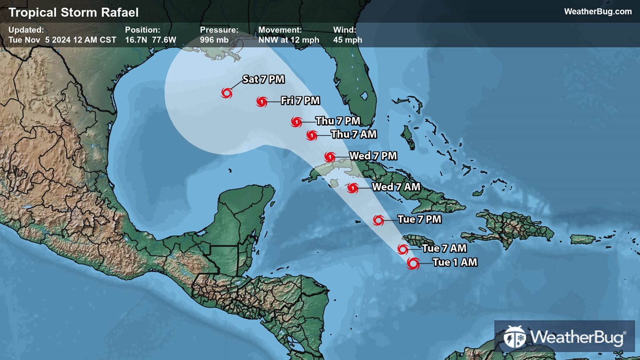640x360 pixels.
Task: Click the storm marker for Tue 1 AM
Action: pyautogui.click(x=413, y=263)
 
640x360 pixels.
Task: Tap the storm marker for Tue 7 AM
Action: pyautogui.click(x=402, y=249)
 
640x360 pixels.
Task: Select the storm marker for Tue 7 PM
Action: pyautogui.click(x=378, y=220)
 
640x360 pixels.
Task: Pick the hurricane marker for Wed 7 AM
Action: pyautogui.click(x=352, y=188)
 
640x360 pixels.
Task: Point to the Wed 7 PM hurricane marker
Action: pyautogui.click(x=329, y=157)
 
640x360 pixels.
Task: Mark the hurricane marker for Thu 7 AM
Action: pyautogui.click(x=312, y=136)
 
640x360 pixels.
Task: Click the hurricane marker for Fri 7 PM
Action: pyautogui.click(x=262, y=102)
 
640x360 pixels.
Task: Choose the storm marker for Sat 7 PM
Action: pyautogui.click(x=227, y=93)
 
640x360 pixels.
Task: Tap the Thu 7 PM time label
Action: pyautogui.click(x=338, y=121)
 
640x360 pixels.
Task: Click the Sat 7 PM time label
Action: pyautogui.click(x=263, y=79)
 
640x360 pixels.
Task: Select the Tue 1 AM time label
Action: pyautogui.click(x=455, y=262)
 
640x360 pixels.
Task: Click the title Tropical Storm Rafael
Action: pyautogui.click(x=73, y=12)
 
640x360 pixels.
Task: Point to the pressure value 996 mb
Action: pyautogui.click(x=214, y=40)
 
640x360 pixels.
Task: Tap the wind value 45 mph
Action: pyautogui.click(x=347, y=40)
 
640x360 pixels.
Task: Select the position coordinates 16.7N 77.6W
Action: pyautogui.click(x=150, y=40)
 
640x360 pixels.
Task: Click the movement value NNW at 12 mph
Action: pyautogui.click(x=288, y=40)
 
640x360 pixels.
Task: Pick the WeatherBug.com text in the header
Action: pyautogui.click(x=598, y=12)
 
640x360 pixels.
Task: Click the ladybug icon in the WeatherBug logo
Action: pyautogui.click(x=515, y=337)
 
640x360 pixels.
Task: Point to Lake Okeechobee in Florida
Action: pyautogui.click(x=364, y=96)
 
